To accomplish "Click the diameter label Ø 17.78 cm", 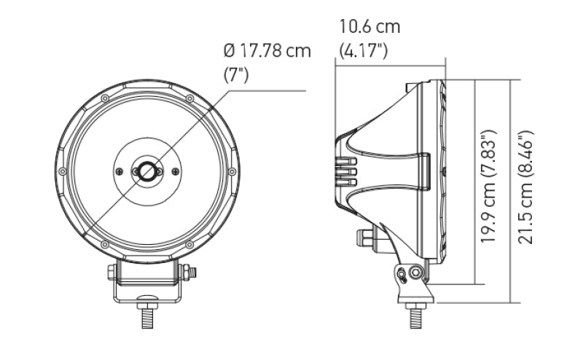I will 267,52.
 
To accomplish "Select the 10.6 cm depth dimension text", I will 370,28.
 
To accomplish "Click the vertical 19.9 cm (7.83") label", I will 490,187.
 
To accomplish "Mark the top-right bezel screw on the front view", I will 189,98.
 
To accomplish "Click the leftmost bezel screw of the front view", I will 63,171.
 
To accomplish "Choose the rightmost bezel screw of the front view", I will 232,171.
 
